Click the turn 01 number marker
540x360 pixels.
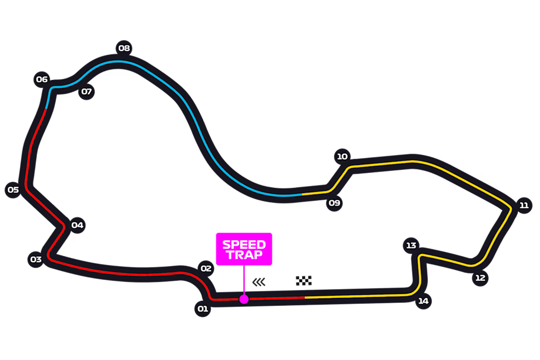click(x=202, y=309)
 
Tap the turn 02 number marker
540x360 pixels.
click(x=206, y=268)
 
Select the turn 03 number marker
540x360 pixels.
click(x=35, y=259)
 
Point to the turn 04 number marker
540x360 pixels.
click(x=77, y=225)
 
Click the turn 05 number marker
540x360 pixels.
click(x=13, y=189)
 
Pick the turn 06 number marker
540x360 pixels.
click(x=41, y=79)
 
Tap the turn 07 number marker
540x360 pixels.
click(x=86, y=91)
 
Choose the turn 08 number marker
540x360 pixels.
click(x=123, y=48)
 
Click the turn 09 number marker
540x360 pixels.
click(x=334, y=203)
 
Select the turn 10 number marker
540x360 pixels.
click(x=342, y=156)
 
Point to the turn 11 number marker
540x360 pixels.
click(x=523, y=205)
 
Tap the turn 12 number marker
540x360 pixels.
click(x=480, y=278)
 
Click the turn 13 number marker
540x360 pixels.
click(x=411, y=245)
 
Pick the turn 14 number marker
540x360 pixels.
click(x=423, y=301)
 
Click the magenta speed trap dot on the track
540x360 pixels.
click(x=244, y=299)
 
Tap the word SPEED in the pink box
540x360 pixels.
click(x=244, y=244)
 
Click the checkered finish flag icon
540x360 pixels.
click(x=303, y=281)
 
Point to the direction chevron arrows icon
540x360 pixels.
click(x=259, y=282)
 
